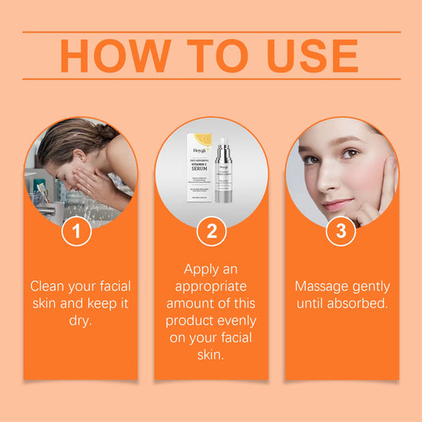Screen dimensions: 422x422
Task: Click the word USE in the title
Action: coord(301,55)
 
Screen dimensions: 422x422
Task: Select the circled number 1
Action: coord(76,232)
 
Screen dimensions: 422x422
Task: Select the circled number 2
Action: coord(211,232)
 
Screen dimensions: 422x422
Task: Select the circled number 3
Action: coord(341,232)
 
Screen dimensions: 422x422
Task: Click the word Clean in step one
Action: coord(48,285)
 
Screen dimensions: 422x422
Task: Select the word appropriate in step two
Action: coord(211,285)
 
